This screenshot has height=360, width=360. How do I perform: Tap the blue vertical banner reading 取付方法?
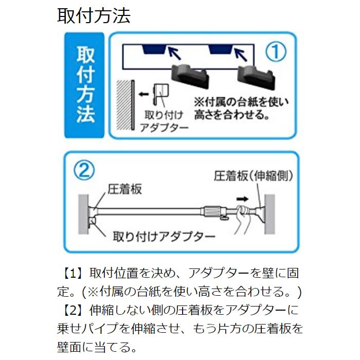click(85, 85)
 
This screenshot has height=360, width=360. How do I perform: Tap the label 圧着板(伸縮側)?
click(253, 176)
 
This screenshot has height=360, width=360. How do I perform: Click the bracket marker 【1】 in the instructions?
click(72, 272)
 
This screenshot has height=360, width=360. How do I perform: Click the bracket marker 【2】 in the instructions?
click(72, 310)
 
